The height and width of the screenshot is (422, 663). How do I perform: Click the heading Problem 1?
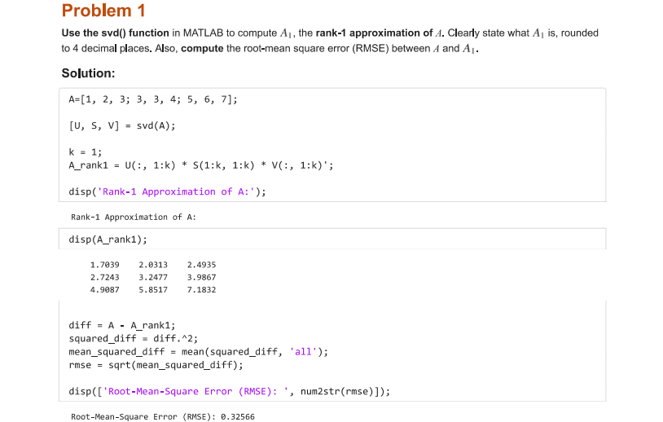(x=103, y=11)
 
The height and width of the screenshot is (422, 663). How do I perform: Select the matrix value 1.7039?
(x=105, y=265)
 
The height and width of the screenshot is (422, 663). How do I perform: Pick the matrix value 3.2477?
(x=154, y=277)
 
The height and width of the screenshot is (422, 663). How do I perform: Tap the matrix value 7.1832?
(x=201, y=289)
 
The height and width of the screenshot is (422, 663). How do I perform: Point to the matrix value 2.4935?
(x=201, y=265)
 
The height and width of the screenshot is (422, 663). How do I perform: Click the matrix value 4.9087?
(x=105, y=289)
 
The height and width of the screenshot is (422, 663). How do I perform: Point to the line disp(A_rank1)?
(x=108, y=240)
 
